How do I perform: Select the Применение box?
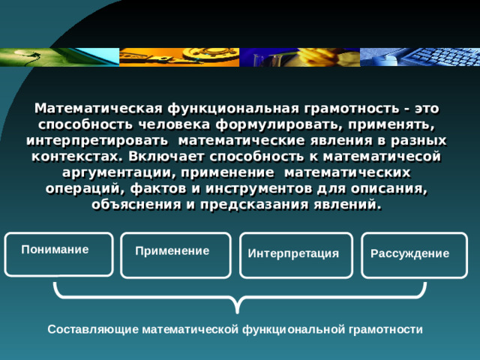pos(175,256)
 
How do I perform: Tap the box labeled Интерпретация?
pos(295,256)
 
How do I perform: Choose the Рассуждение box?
pos(413,256)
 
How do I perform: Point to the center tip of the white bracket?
pos(237,310)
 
